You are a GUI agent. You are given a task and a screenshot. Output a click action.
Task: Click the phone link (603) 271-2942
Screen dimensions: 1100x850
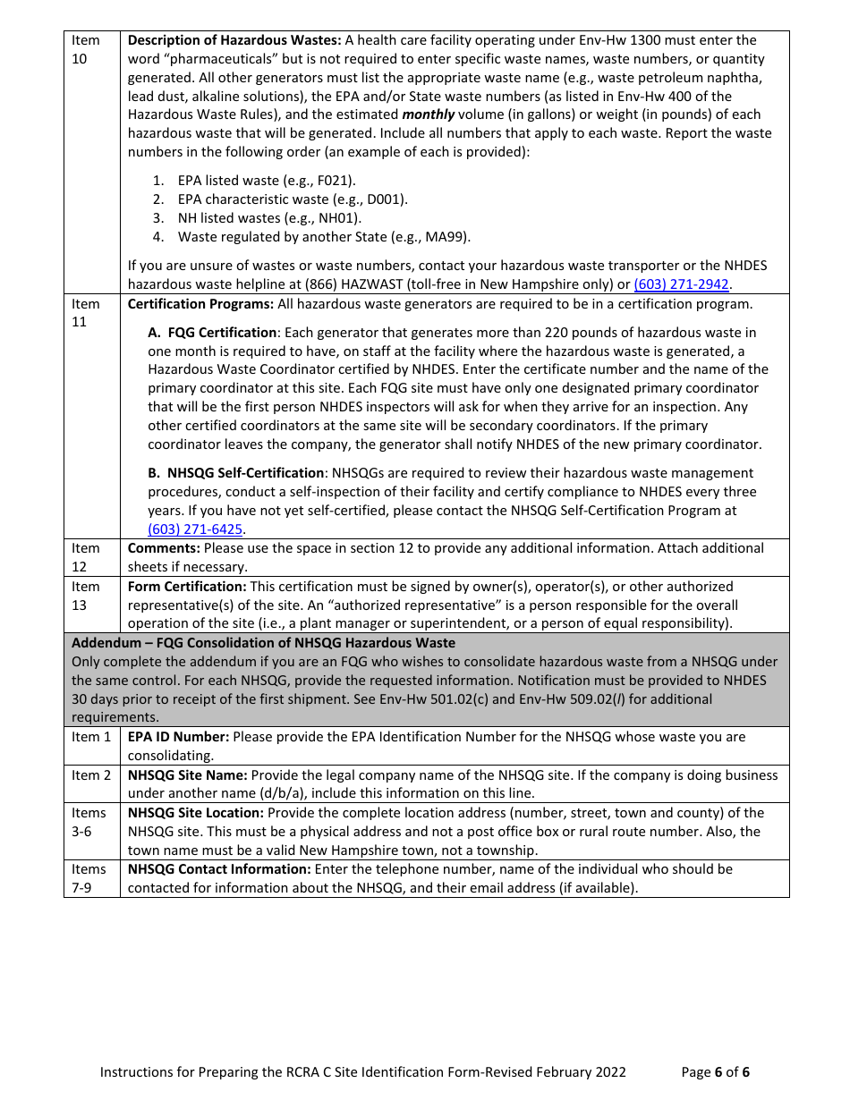pos(681,284)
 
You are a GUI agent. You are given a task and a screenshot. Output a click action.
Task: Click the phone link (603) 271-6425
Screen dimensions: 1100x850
pos(195,529)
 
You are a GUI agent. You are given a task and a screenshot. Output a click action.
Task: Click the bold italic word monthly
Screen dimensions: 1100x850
pos(429,114)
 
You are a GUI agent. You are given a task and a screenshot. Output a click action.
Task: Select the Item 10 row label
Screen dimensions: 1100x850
pos(87,49)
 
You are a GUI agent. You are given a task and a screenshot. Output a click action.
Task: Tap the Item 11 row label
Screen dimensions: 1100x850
pos(87,312)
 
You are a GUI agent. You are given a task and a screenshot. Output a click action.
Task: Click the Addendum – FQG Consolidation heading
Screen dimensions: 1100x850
pos(263,643)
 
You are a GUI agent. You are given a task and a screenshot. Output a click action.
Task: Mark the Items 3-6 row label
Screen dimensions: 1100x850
pos(89,822)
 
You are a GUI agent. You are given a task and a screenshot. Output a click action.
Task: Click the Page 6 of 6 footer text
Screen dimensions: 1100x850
pos(715,1072)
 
